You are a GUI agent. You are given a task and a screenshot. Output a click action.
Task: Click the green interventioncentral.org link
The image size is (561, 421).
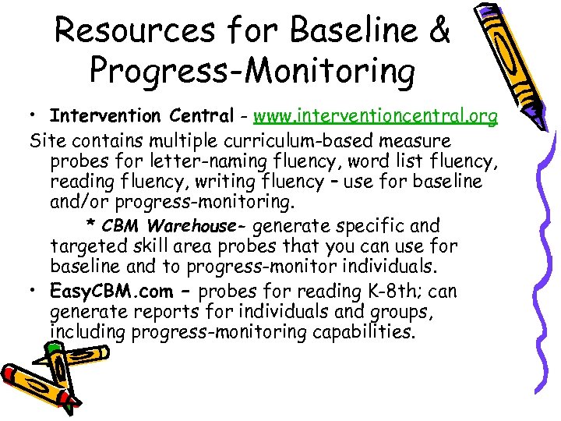[x=376, y=116]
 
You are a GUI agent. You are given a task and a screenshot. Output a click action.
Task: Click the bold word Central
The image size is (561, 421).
[x=199, y=116]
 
